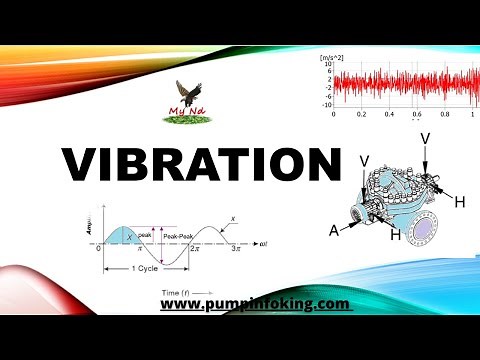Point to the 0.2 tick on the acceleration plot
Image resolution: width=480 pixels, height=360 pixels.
[x=361, y=115]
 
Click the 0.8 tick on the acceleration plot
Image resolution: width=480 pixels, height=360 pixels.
[x=443, y=115]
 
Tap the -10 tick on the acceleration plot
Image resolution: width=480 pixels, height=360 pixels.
[x=326, y=104]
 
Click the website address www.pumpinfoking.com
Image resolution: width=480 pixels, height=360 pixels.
[x=254, y=303]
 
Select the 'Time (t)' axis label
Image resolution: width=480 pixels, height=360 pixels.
[x=180, y=289]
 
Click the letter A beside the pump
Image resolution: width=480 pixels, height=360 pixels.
[x=334, y=229]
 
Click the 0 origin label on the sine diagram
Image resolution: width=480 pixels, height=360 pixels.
[x=99, y=247]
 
